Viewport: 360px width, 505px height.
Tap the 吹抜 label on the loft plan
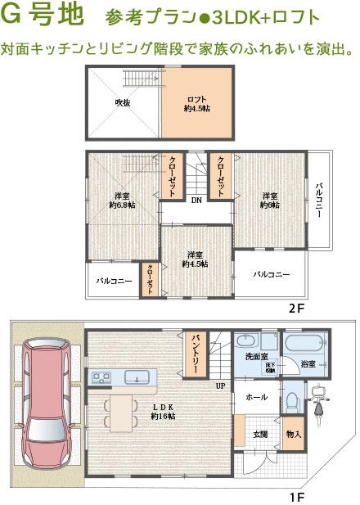(123, 102)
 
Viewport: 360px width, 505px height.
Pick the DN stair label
(196, 201)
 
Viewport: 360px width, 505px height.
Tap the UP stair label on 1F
(221, 385)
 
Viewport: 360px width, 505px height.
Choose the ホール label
(256, 397)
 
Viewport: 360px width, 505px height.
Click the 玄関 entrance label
(260, 434)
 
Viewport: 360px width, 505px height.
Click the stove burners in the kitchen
(101, 377)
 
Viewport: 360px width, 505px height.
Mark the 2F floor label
(295, 309)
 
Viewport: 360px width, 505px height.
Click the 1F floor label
(297, 497)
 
